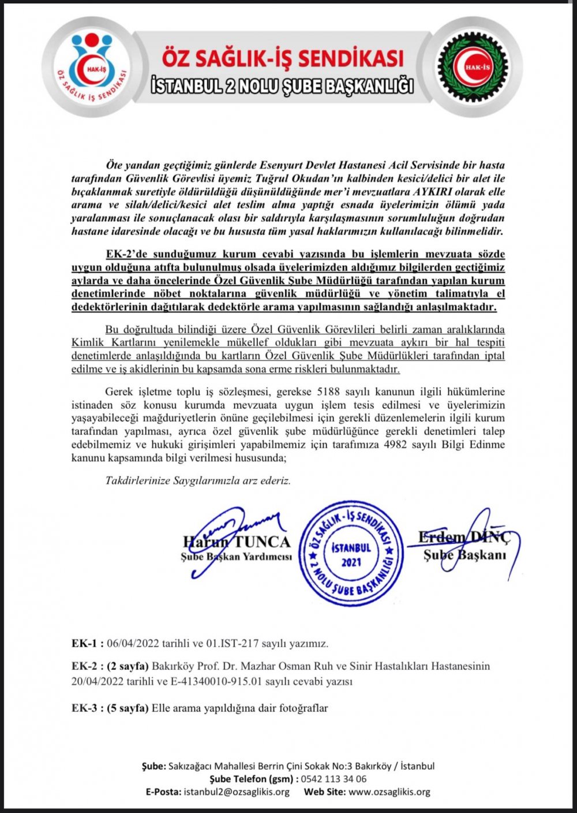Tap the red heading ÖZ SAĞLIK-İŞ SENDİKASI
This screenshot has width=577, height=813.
pyautogui.click(x=283, y=58)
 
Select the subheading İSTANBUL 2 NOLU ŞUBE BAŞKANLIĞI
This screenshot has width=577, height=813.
pyautogui.click(x=282, y=85)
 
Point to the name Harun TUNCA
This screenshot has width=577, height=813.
pyautogui.click(x=237, y=542)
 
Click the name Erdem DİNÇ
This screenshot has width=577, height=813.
pyautogui.click(x=464, y=538)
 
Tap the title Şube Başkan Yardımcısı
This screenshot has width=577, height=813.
pyautogui.click(x=236, y=557)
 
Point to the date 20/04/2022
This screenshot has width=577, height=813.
pyautogui.click(x=97, y=681)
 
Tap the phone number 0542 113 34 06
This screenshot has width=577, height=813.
pyautogui.click(x=334, y=779)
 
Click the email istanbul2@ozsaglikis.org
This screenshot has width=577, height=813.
pyautogui.click(x=237, y=792)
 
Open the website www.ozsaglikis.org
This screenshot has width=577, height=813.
pyautogui.click(x=389, y=792)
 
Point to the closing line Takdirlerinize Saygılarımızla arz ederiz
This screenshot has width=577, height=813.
pyautogui.click(x=198, y=480)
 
